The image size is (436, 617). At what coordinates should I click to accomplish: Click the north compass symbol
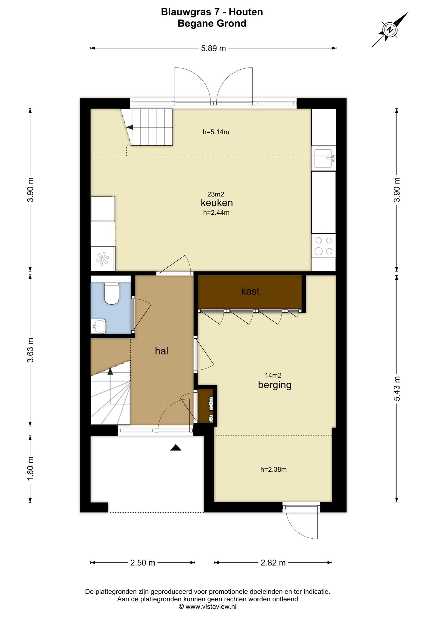[x=390, y=30]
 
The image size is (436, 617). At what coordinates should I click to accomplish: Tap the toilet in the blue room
[x=111, y=293]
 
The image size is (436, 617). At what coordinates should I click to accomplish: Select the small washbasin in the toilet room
[x=98, y=326]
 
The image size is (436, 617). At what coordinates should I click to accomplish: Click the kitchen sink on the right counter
[x=324, y=158]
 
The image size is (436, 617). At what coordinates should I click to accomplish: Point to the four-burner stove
[x=324, y=246]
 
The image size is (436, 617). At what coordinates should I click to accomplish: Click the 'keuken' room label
[x=217, y=202]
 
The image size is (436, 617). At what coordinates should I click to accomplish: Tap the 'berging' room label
[x=275, y=385]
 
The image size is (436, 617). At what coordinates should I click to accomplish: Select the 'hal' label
[x=161, y=351]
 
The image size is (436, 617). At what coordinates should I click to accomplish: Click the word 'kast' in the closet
[x=250, y=291]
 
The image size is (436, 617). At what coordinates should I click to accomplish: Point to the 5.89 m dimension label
[x=213, y=48]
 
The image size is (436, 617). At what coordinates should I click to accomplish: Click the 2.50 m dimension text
[x=143, y=562]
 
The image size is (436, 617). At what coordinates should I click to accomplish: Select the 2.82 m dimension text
[x=273, y=562]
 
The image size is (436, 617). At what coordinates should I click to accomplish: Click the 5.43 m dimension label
[x=397, y=389]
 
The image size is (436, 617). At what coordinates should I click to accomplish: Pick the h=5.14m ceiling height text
[x=216, y=132]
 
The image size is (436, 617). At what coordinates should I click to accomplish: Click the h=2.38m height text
[x=273, y=469]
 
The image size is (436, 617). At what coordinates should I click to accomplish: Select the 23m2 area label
[x=216, y=194]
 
